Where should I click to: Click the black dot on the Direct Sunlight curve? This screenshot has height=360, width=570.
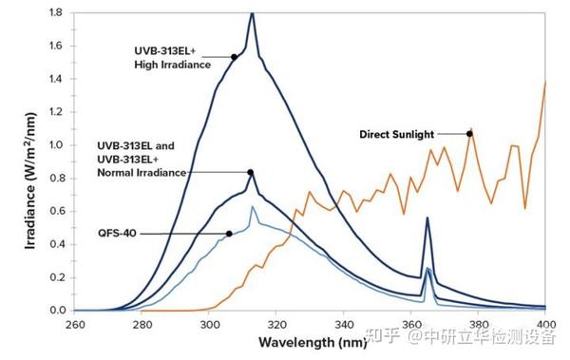pos(469,134)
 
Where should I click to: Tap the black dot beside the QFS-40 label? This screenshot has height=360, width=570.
pos(229,234)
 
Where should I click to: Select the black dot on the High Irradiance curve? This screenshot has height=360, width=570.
pos(234,57)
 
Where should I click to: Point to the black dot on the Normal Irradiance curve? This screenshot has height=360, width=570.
pos(251,173)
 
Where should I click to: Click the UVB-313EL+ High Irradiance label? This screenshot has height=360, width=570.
pos(172,57)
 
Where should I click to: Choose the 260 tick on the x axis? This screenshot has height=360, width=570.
pos(75,325)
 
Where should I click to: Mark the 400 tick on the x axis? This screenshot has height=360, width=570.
pos(546,325)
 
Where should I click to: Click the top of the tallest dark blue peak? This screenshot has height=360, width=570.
pos(252,13)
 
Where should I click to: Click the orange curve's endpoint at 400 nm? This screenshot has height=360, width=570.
pos(546,83)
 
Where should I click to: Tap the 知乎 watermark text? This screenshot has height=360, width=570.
pos(388,335)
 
